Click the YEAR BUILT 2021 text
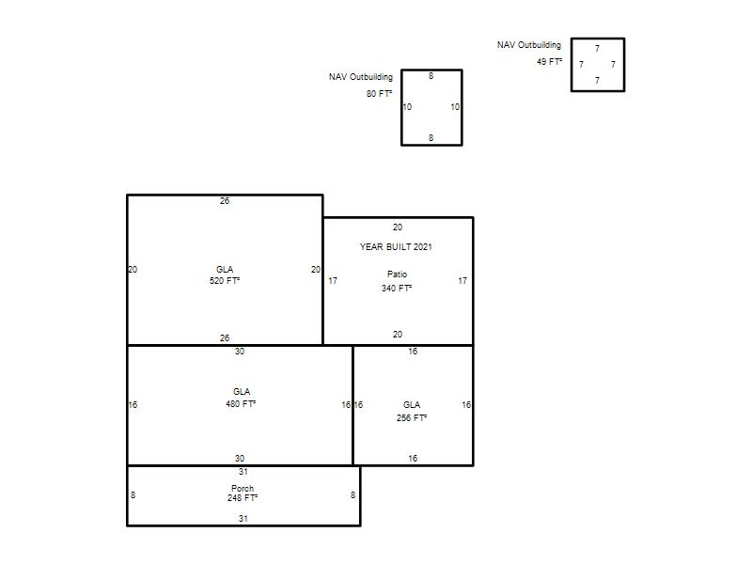pos(396,247)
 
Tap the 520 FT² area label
pos(225,280)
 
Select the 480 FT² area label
pos(241,404)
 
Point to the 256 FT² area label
pos(412,417)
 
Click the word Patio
pos(397,274)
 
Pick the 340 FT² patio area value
pos(397,289)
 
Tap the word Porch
pos(243,488)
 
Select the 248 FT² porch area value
pos(243,498)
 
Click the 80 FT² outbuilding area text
pos(380,93)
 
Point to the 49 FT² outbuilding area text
pos(549,62)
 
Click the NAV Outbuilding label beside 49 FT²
pos(529,45)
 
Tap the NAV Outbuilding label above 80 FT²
pos(361,77)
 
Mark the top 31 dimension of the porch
pos(243,472)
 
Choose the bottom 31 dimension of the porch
pos(243,519)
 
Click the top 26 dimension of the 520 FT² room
pos(225,201)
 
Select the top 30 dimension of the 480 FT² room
pos(240,352)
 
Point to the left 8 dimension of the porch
pos(133,495)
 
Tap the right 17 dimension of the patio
pos(462,281)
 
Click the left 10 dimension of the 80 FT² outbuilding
pos(407,107)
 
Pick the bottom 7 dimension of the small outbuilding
pos(597,81)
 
